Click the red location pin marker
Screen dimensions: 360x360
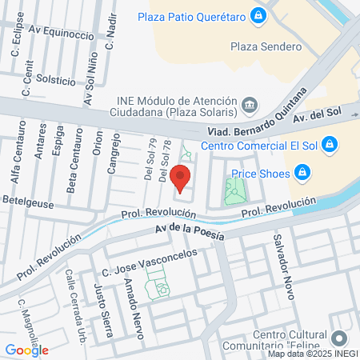coord(181,178)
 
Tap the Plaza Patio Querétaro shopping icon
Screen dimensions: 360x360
coord(258,15)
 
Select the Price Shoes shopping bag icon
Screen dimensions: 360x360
coord(302,172)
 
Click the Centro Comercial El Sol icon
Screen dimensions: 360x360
coord(330,145)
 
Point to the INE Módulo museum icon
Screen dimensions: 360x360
coord(250,104)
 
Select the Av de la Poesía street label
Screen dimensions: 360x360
coord(190,233)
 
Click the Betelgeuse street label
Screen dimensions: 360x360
coord(28,204)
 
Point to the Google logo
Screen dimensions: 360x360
coord(27,350)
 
